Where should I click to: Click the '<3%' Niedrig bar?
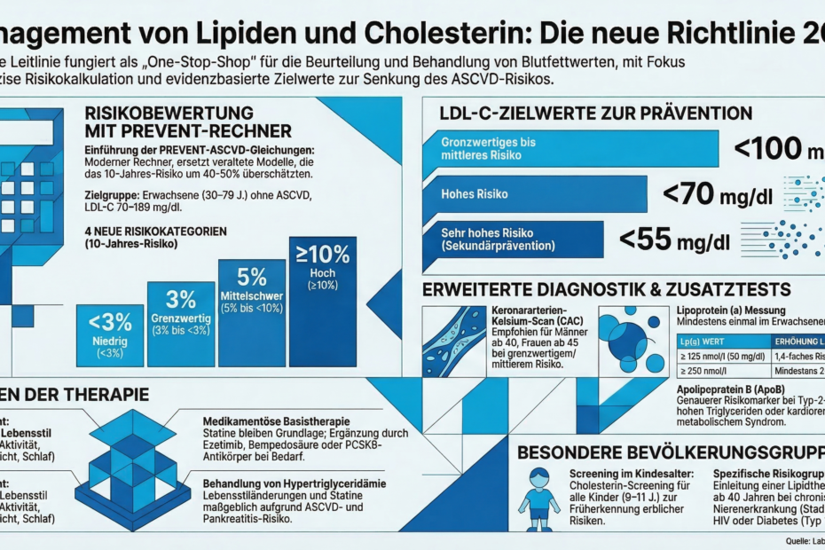click(111, 335)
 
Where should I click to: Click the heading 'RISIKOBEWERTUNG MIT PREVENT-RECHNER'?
click(169, 121)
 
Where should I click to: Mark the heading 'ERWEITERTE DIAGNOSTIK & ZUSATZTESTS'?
click(607, 289)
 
